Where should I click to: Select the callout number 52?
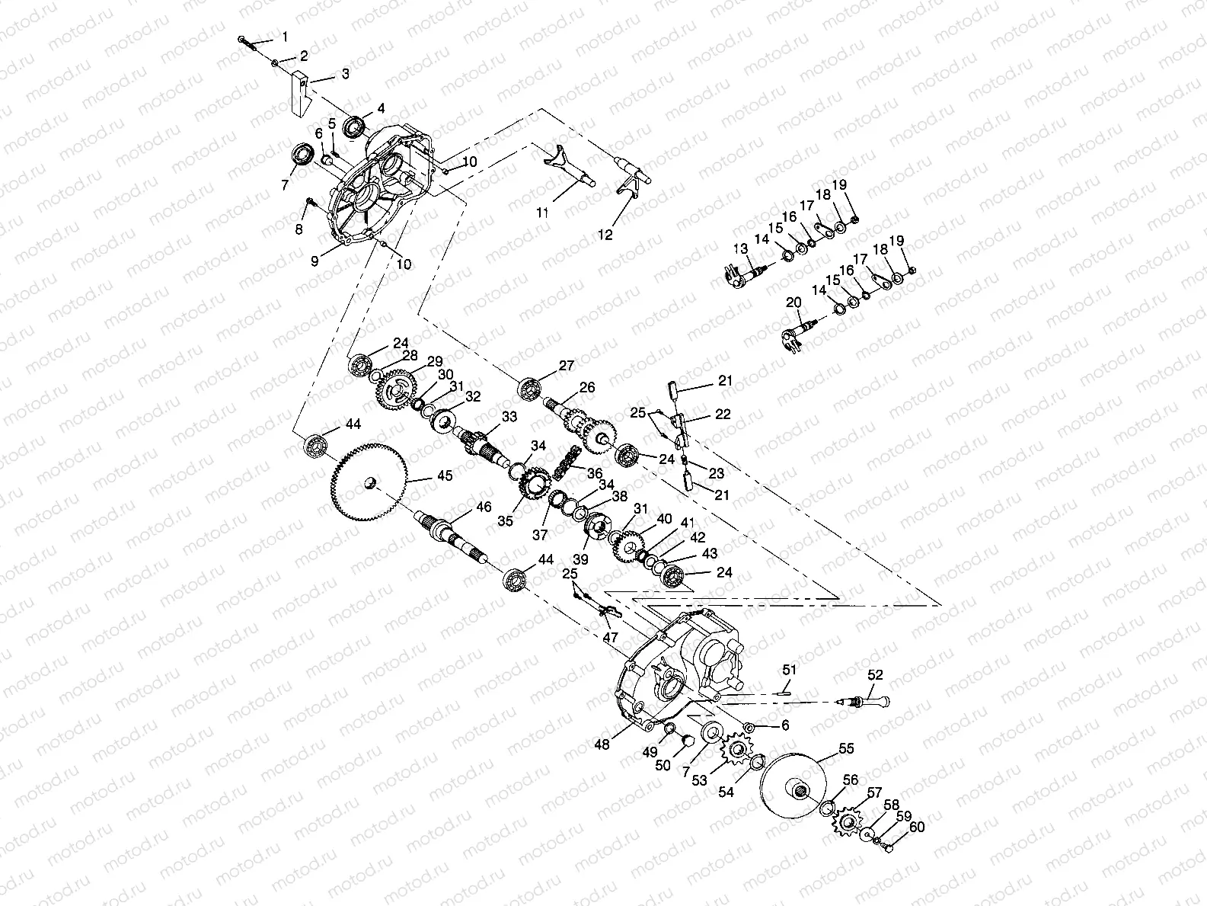point(875,675)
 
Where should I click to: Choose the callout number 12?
point(605,235)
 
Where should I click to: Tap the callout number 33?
point(509,417)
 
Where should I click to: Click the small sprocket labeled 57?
point(847,823)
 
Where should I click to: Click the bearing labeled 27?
point(530,389)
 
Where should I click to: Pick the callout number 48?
point(602,744)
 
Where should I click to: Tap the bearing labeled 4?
point(354,126)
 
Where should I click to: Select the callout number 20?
point(793,303)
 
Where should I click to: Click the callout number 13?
point(740,248)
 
